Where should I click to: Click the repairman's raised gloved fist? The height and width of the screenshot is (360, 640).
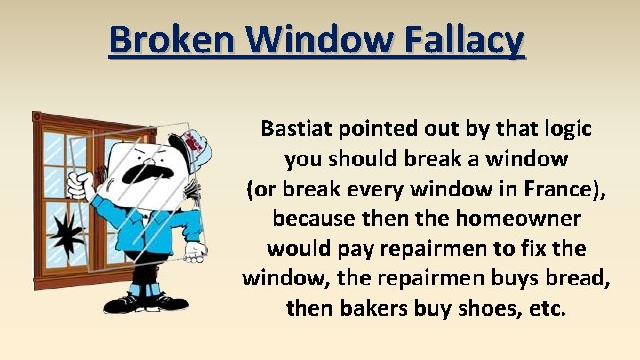click(x=82, y=185)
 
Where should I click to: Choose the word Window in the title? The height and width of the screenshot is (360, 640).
click(x=316, y=40)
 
